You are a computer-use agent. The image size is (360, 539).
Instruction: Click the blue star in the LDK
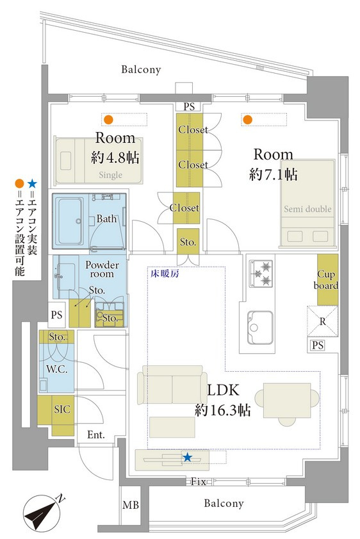tap(187, 458)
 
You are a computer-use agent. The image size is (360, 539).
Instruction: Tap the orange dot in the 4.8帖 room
tap(108, 120)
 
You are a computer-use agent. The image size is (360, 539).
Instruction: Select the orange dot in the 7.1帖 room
tap(247, 120)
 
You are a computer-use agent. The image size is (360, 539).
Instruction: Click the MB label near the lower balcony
tap(131, 505)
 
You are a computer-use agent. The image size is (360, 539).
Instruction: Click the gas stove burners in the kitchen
tap(261, 273)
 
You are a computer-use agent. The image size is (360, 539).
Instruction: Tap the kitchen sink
tap(261, 328)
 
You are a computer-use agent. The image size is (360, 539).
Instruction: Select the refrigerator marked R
tap(322, 321)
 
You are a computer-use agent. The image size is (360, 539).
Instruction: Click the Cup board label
tap(326, 280)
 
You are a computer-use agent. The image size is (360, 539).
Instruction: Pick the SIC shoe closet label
tap(62, 409)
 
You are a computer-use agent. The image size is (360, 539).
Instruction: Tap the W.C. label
tap(56, 370)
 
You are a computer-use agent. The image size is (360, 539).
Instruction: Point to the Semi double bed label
tap(307, 209)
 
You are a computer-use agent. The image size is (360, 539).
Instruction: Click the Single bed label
tap(111, 175)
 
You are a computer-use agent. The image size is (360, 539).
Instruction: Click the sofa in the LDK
tap(172, 385)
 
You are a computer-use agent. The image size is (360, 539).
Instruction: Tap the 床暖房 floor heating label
tap(165, 274)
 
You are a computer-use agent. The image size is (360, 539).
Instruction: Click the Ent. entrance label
tap(96, 435)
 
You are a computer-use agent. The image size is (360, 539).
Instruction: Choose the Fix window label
tap(199, 481)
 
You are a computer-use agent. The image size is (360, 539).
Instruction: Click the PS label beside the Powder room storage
tap(56, 315)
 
